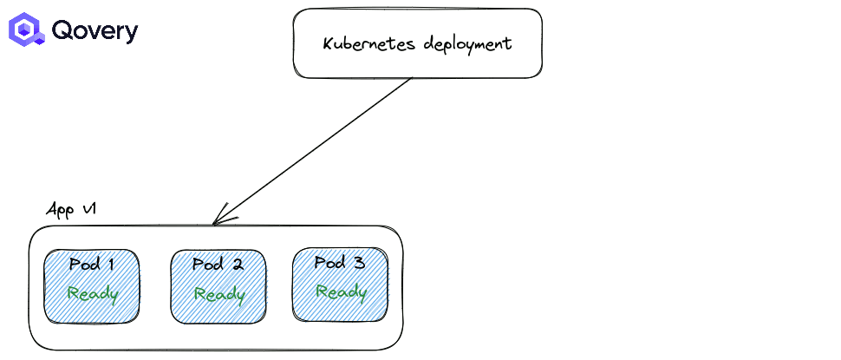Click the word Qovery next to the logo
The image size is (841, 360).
point(95,31)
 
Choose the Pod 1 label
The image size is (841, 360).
point(92,265)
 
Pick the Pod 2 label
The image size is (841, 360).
point(217,265)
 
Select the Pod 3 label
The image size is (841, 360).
point(340,262)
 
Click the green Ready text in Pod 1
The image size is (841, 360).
point(93,293)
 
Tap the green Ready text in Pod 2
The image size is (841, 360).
point(218,294)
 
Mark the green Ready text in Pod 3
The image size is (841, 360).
point(341,291)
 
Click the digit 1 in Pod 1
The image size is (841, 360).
point(110,265)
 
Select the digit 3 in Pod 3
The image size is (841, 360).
point(359,262)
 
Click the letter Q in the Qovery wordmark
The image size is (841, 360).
point(62,30)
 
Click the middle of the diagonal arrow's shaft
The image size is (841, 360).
point(312,151)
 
